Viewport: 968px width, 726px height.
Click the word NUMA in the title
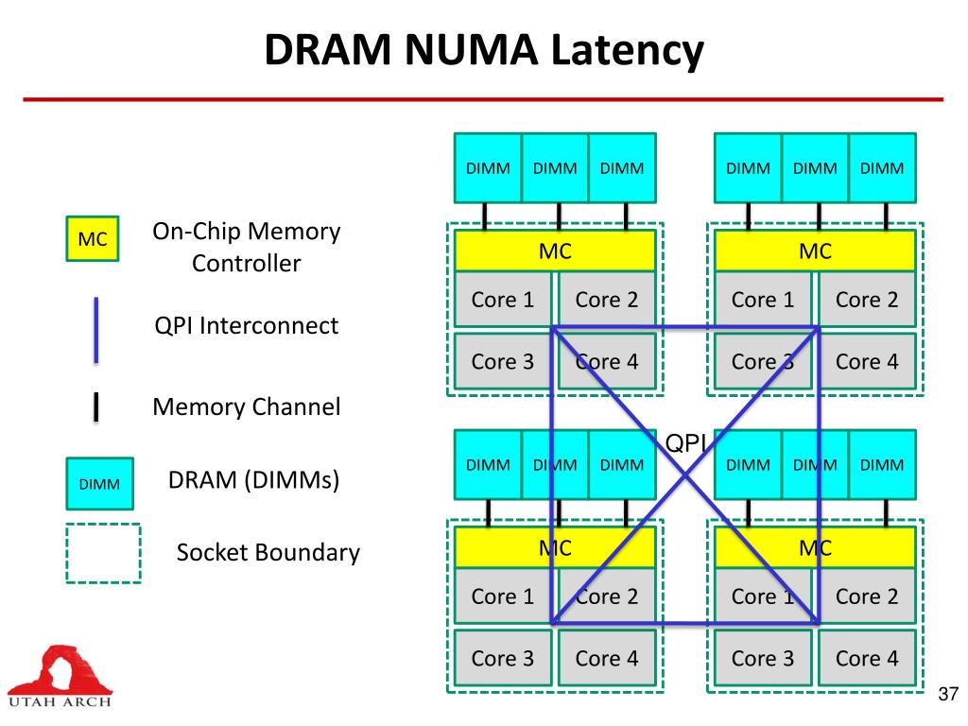click(471, 49)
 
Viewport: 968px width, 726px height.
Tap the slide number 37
click(947, 694)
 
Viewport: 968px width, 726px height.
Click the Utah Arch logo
click(60, 677)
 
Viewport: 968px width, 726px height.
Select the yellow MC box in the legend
click(93, 239)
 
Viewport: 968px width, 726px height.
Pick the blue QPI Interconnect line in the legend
click(95, 330)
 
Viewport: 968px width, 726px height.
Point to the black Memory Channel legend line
click(95, 407)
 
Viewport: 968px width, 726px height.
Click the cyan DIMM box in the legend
click(99, 484)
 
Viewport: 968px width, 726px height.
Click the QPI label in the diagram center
click(685, 442)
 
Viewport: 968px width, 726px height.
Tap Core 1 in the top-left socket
click(503, 300)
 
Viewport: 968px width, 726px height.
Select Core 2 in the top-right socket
click(867, 300)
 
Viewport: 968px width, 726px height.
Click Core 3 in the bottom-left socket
click(503, 658)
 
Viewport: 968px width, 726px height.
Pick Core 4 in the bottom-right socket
click(867, 658)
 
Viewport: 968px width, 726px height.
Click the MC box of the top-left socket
click(555, 251)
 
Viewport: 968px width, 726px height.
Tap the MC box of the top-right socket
click(815, 251)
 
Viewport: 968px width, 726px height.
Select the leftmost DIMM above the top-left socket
click(488, 168)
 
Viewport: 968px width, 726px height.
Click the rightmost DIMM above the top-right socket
click(882, 168)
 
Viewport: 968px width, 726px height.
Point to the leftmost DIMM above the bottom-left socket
click(488, 465)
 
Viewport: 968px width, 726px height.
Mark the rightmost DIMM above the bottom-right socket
click(882, 465)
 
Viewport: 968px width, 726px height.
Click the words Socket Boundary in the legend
click(268, 552)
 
